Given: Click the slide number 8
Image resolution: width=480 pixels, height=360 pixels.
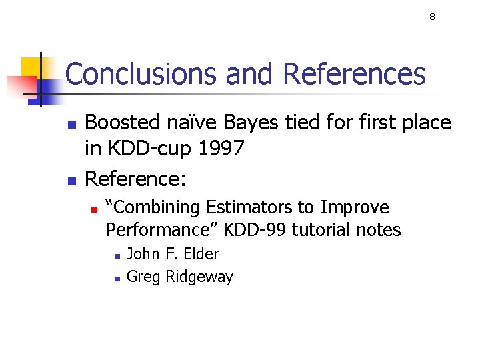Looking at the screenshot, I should (x=432, y=17).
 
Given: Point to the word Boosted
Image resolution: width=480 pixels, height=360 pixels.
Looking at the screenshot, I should (x=123, y=123).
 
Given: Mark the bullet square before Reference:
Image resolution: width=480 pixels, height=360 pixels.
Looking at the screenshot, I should (x=72, y=180).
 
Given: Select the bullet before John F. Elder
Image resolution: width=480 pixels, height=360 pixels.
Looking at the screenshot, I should (x=117, y=255).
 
